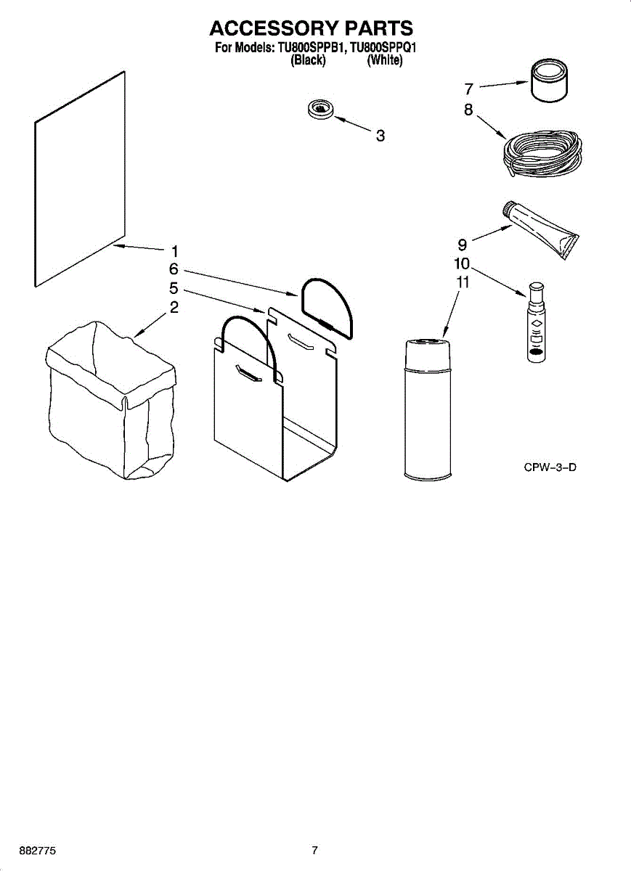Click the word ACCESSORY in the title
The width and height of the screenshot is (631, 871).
(273, 28)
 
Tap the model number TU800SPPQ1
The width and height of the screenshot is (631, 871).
(385, 49)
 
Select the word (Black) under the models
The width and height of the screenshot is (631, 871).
(308, 61)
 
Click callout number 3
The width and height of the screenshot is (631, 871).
(380, 135)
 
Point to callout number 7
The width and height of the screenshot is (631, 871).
(469, 89)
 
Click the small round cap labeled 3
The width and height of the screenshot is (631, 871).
(321, 110)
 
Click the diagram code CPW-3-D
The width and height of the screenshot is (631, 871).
(550, 467)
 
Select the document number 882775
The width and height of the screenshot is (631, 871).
(38, 850)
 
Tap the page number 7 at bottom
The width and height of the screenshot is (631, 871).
(314, 850)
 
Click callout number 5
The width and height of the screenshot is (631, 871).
(174, 287)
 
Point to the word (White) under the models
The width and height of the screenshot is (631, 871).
(385, 61)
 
